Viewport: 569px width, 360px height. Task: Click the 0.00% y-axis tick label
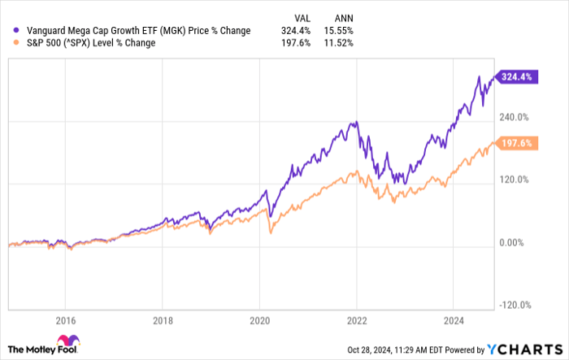pos(514,242)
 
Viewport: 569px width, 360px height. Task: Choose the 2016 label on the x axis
pos(66,319)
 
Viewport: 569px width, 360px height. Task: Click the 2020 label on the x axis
pos(259,319)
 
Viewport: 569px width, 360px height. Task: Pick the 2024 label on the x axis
pos(453,319)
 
